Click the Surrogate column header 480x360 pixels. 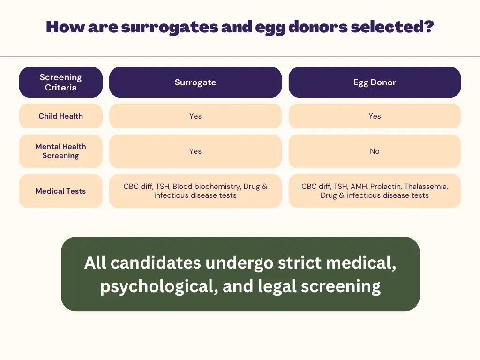click(x=195, y=82)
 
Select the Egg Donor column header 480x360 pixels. click(x=375, y=82)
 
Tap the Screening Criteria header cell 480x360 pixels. click(x=61, y=82)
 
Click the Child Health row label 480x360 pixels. click(x=61, y=116)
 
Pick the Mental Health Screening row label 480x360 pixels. click(x=61, y=151)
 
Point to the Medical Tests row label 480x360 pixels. click(x=61, y=191)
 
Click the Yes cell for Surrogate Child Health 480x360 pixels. click(x=195, y=116)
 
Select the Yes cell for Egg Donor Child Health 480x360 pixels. click(x=375, y=116)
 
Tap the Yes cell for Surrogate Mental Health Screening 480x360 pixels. click(x=195, y=151)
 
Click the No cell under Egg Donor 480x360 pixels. click(x=375, y=151)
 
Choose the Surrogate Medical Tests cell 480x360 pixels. click(x=195, y=191)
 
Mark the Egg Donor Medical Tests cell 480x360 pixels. click(x=375, y=191)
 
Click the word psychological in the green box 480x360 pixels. click(x=158, y=286)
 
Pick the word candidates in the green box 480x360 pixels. click(x=156, y=262)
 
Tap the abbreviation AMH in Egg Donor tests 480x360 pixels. click(x=359, y=187)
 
